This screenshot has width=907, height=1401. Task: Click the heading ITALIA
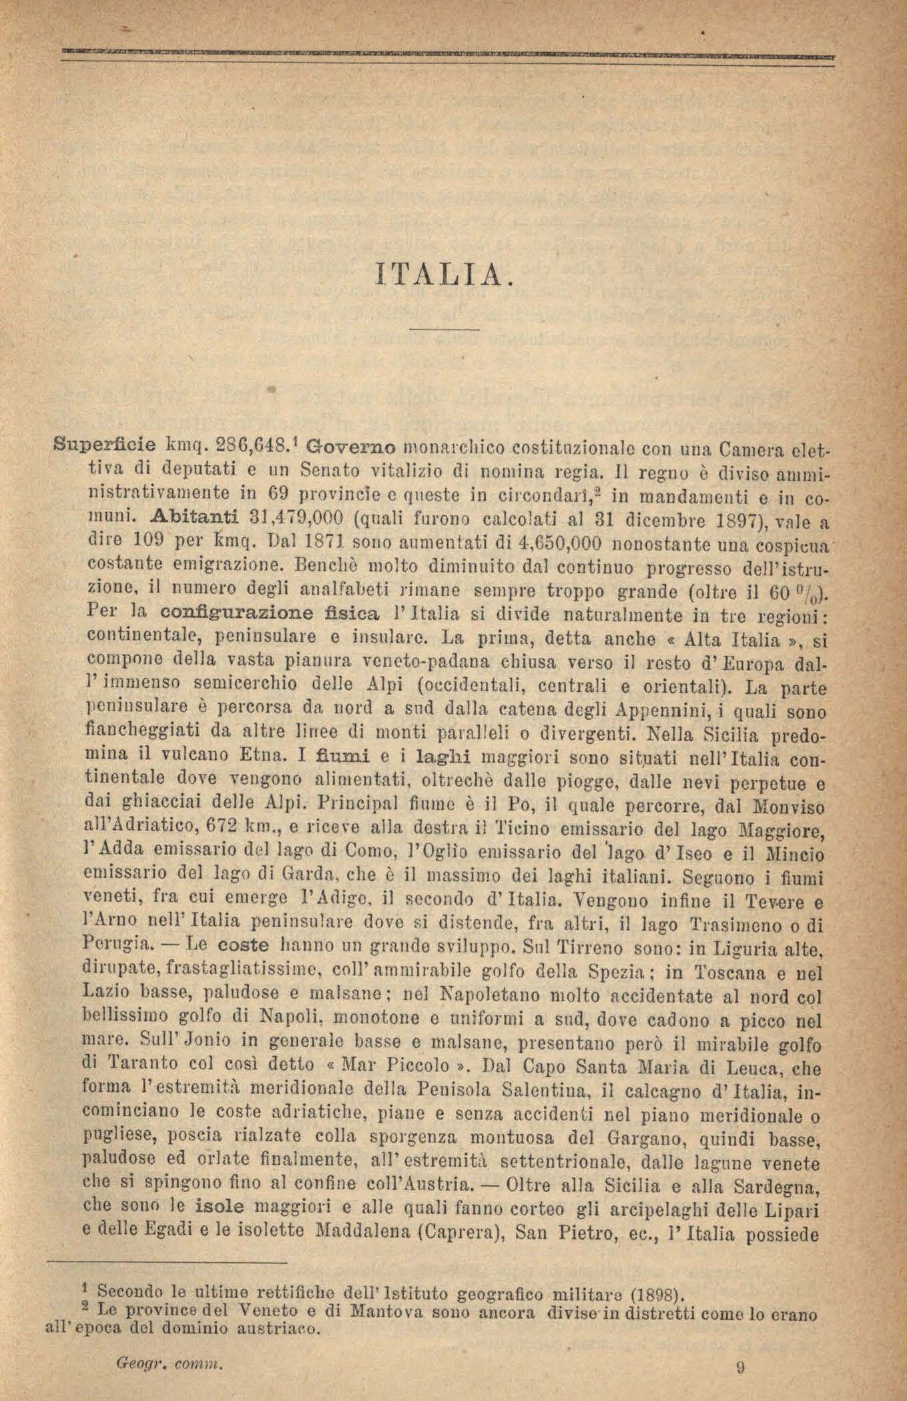point(445,273)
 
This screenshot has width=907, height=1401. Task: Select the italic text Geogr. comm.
point(168,1363)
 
